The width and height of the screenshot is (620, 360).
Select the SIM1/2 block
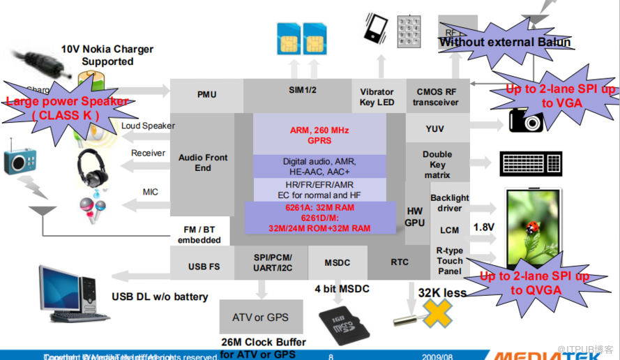(x=303, y=90)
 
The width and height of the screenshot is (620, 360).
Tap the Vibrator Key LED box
(x=377, y=97)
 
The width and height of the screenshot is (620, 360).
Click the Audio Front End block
(x=202, y=163)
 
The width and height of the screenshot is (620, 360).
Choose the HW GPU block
(x=414, y=217)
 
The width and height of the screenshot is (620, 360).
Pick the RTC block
(x=400, y=262)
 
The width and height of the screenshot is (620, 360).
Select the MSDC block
(x=338, y=262)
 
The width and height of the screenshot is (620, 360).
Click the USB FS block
(x=204, y=267)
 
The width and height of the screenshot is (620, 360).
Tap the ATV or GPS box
(x=261, y=317)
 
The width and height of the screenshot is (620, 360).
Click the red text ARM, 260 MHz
(x=319, y=130)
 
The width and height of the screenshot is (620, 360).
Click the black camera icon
(x=525, y=120)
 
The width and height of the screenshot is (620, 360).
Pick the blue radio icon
(x=18, y=160)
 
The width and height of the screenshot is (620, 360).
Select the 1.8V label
(x=484, y=227)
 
